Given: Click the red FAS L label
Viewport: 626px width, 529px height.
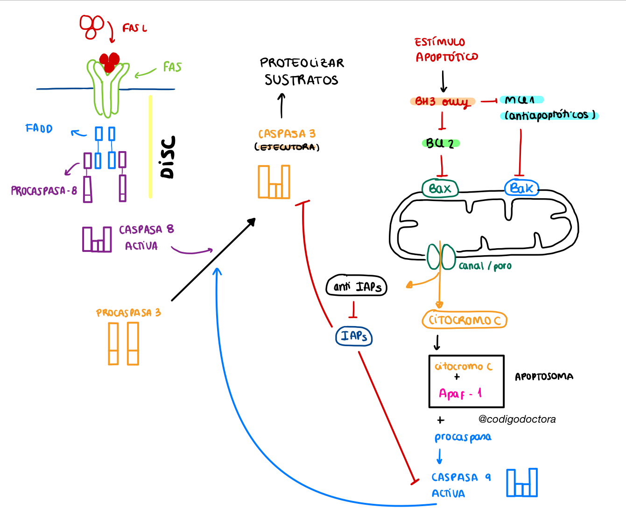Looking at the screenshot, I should click(134, 28).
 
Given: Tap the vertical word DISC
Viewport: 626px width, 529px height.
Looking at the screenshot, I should click(168, 157).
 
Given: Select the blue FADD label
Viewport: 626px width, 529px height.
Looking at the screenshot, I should click(39, 128).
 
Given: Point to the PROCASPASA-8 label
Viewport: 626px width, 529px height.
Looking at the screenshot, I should click(44, 190).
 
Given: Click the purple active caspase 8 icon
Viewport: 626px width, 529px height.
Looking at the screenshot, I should click(97, 239).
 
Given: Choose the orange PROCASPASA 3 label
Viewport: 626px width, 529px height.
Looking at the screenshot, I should click(128, 313).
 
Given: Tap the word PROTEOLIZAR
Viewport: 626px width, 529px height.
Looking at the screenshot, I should click(302, 63).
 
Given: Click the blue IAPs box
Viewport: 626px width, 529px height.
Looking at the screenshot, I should click(354, 336).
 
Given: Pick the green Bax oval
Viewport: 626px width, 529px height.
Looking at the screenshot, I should click(440, 188).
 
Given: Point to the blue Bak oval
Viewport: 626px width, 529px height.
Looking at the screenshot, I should click(521, 188).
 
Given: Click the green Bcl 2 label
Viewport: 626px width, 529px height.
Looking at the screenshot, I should click(440, 143).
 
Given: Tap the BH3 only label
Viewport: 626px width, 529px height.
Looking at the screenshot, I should click(442, 101).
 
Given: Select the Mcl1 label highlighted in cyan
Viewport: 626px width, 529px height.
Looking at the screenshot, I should click(520, 99).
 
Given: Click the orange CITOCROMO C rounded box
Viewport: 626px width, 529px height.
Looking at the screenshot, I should click(464, 320).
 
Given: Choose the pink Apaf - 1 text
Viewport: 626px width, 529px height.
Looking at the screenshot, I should click(460, 394).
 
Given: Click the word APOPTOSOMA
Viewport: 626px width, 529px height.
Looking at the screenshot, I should click(544, 376).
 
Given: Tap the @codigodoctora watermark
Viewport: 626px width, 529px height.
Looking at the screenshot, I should click(517, 419).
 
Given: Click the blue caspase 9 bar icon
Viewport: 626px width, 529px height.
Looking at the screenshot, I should click(522, 483).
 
